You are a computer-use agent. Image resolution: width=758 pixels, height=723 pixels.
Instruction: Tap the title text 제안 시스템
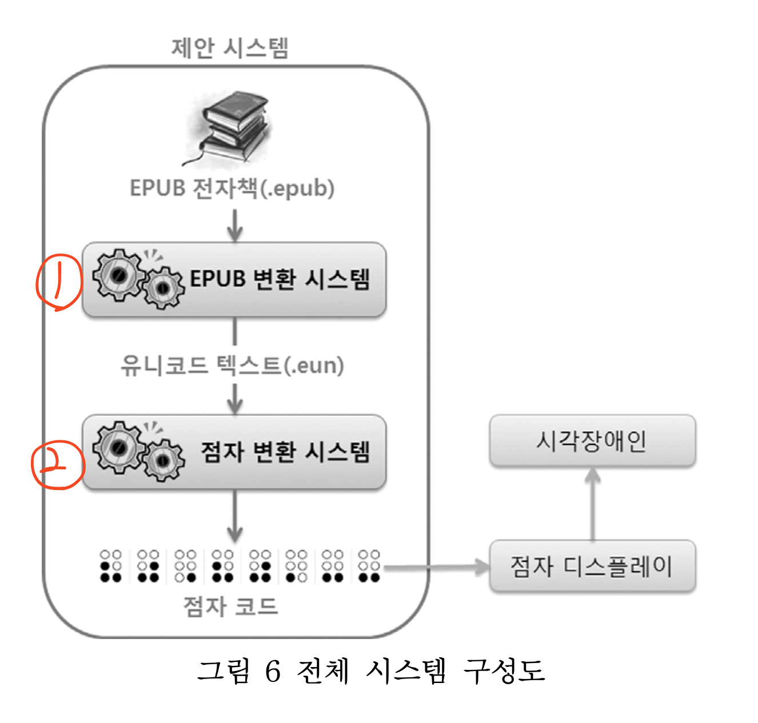tap(230, 48)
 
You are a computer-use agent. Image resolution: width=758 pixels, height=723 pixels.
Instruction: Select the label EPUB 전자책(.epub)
tap(232, 188)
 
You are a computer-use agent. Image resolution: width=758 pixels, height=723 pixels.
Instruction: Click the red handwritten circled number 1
tap(58, 282)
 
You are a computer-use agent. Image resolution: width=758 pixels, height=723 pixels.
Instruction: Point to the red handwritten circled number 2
tap(57, 466)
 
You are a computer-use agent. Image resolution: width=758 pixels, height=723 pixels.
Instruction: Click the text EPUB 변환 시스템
tap(280, 279)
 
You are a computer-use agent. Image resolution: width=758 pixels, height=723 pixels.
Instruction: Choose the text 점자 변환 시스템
tap(285, 452)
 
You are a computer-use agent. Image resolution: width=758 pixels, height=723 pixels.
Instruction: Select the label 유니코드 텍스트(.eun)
tap(232, 365)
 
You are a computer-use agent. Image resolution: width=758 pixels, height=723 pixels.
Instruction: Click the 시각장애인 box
tap(592, 440)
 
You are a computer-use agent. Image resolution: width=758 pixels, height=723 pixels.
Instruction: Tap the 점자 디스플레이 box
tap(592, 566)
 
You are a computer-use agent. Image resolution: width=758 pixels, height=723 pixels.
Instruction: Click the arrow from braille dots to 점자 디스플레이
tap(437, 567)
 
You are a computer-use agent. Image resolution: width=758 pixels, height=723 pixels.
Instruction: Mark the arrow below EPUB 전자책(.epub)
tap(234, 225)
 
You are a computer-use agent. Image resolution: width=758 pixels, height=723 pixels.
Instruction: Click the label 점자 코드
tap(230, 606)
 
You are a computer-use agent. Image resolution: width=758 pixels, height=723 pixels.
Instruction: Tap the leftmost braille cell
tap(111, 566)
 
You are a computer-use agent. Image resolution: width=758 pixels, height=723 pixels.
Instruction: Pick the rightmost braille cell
tap(369, 566)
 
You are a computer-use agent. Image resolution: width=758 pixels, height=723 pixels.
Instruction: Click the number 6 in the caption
tap(273, 671)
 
